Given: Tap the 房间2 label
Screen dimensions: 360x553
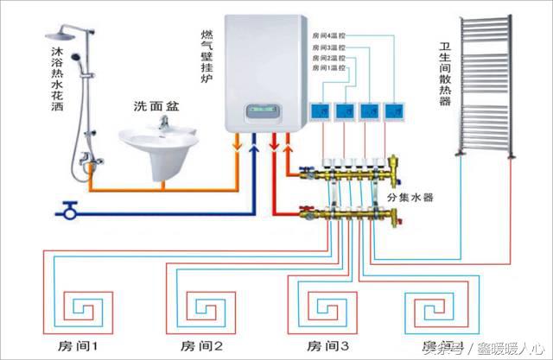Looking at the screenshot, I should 201,345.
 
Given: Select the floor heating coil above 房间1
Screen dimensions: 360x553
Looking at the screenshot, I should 87,306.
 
